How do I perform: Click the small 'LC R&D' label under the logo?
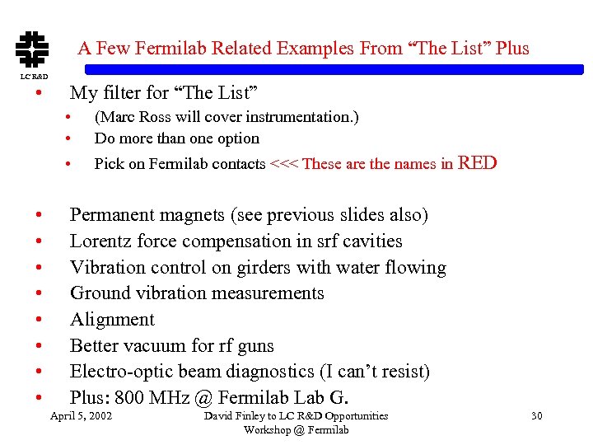click(34, 77)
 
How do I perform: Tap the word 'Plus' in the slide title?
click(512, 48)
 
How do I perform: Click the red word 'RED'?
click(477, 162)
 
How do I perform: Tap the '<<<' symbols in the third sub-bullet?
click(284, 164)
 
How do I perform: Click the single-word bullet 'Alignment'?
click(112, 320)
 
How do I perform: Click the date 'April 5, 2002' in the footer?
click(82, 415)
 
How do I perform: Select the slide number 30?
click(536, 415)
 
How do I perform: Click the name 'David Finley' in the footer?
click(234, 415)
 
